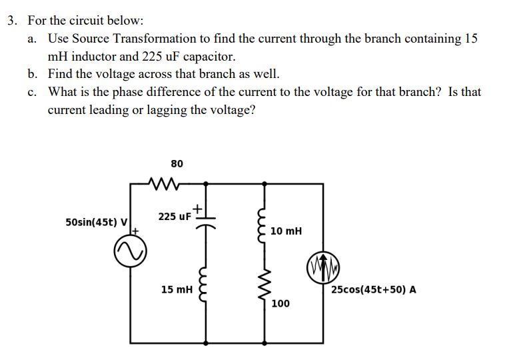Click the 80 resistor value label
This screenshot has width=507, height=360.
pos(177,163)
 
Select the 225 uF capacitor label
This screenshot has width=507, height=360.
pos(175,216)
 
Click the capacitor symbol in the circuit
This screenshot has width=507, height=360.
pos(205,221)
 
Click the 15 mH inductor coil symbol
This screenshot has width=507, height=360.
pos(205,290)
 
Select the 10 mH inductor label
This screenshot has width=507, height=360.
pos(287,231)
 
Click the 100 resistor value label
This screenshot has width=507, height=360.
pos(280,303)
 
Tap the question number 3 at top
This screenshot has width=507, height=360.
pos(11,20)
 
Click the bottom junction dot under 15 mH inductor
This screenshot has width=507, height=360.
pos(205,343)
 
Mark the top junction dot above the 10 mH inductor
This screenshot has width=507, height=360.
pos(268,183)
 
